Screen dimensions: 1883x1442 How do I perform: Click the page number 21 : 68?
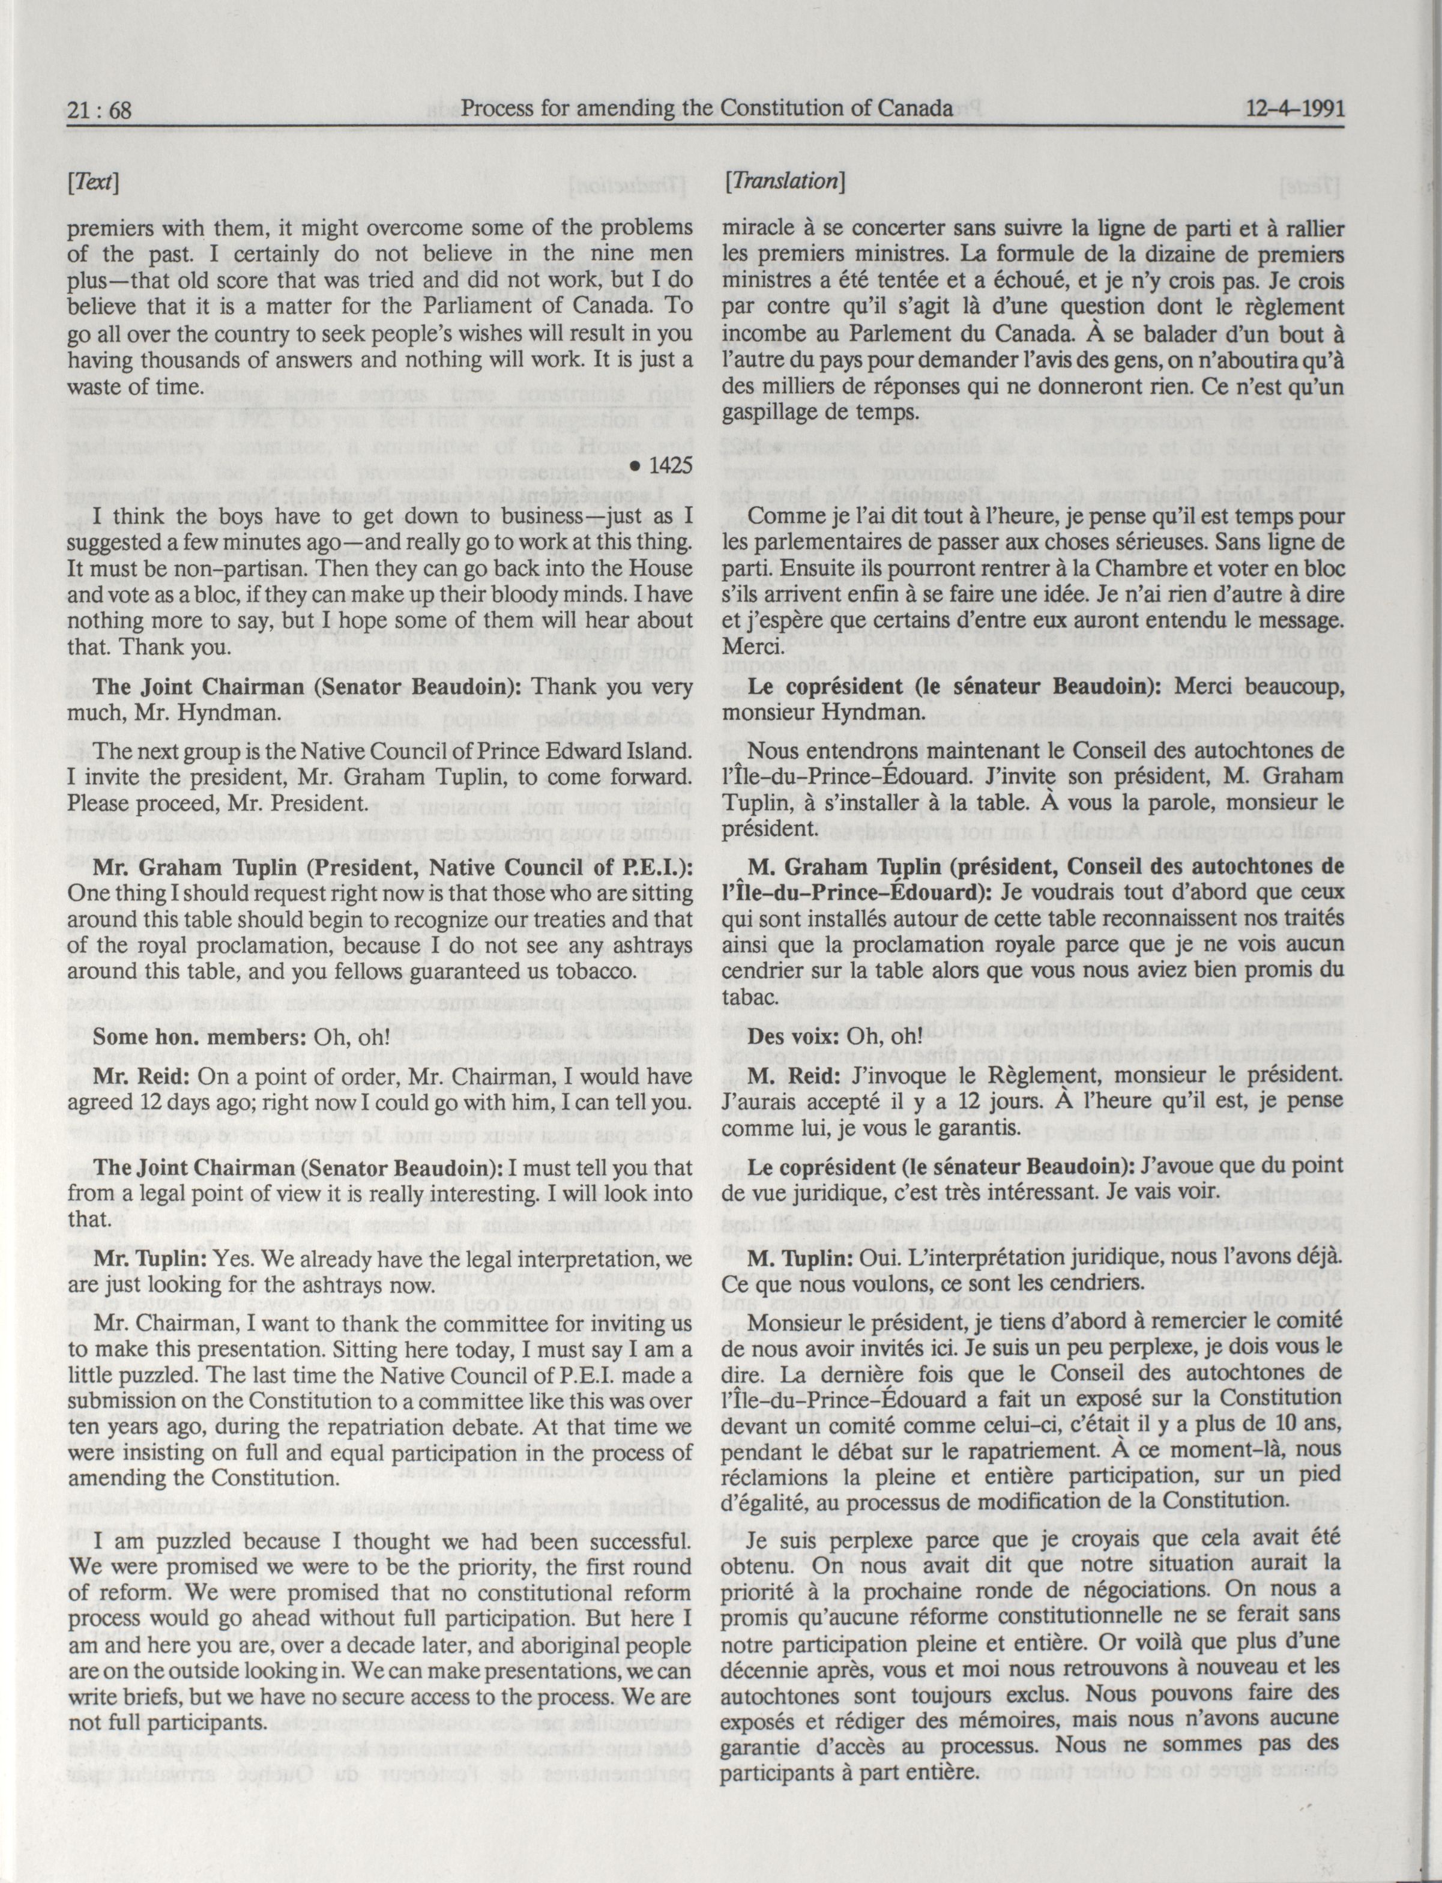coord(98,110)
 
